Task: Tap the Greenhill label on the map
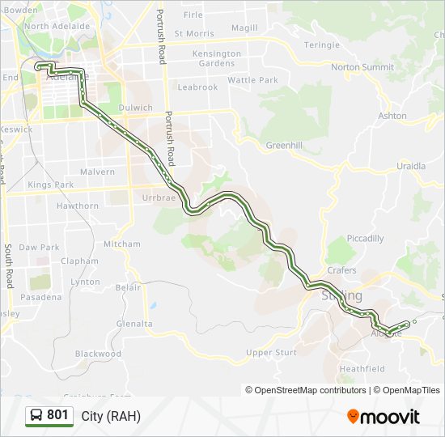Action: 283,146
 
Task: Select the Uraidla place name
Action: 410,166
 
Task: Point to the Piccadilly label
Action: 365,239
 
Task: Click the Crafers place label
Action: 341,270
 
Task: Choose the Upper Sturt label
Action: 271,353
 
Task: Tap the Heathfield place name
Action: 362,369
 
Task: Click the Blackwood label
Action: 98,354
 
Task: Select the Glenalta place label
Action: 134,324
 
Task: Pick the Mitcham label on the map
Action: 122,244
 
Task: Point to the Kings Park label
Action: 50,185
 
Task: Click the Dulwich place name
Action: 134,108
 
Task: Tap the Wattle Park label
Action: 252,80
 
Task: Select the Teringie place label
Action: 321,45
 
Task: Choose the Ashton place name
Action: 393,116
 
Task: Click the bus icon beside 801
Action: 36,415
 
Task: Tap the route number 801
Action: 57,415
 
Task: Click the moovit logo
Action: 384,417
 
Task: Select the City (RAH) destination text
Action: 111,416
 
